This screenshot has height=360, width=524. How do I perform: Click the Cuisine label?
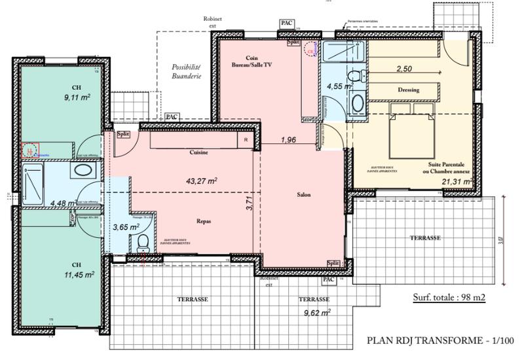(x=199, y=153)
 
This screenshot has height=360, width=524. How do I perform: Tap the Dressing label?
(x=408, y=90)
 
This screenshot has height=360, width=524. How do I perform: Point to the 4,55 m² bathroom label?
(x=340, y=85)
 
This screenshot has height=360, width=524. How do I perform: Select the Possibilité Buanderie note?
(x=186, y=71)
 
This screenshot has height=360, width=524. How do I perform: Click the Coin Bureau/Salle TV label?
(x=249, y=62)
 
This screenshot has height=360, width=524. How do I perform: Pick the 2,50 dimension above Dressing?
(x=404, y=69)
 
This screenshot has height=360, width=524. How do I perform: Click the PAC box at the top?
(x=286, y=23)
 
